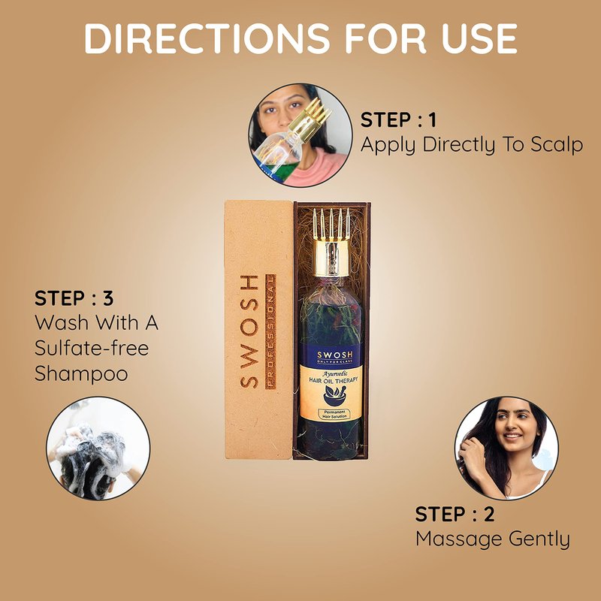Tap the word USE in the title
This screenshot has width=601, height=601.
479,38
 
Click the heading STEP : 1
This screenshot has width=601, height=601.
399,120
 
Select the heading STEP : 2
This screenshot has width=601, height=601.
455,515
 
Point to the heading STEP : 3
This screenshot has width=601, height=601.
74,298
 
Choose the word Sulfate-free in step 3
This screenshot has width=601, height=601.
92,348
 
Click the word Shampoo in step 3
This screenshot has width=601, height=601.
81,373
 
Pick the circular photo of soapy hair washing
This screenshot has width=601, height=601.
98,448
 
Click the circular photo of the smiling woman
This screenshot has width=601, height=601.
506,448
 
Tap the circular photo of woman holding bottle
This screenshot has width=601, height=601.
300,135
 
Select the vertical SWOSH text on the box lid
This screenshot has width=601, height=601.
249,331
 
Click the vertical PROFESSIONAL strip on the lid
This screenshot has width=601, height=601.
270,331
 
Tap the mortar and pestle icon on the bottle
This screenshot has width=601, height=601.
334,395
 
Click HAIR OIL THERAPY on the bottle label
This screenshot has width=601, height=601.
334,380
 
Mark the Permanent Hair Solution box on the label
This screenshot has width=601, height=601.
334,414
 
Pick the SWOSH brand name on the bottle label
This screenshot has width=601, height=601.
334,355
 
